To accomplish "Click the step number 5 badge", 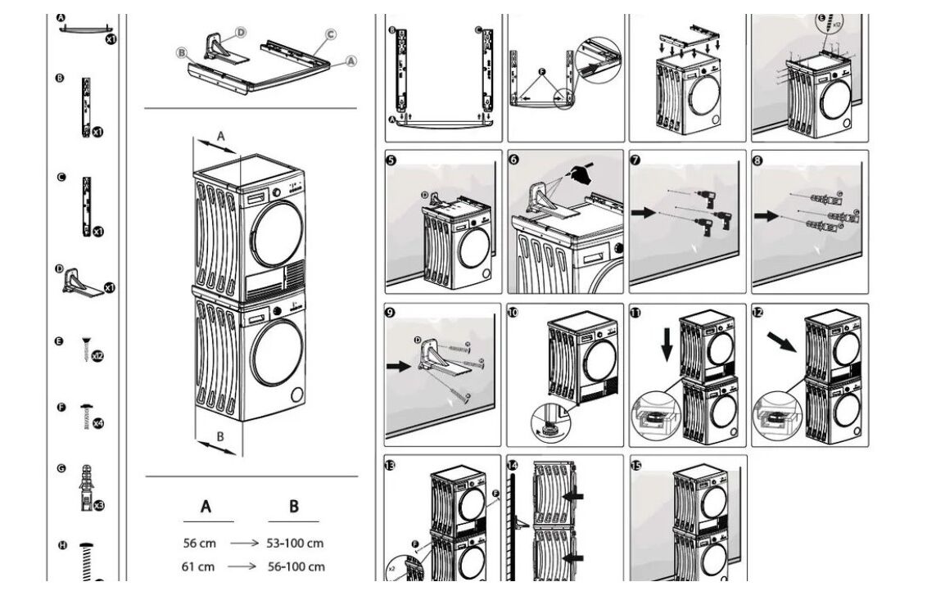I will (x=391, y=160).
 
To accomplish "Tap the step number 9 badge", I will (x=391, y=312).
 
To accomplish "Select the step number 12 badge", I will (x=757, y=312).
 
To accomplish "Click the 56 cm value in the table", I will (x=199, y=543).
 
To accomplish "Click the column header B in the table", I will (x=294, y=507).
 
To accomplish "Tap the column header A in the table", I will (x=206, y=507).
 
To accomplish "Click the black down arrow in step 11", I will (x=667, y=343).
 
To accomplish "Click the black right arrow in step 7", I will (x=644, y=214).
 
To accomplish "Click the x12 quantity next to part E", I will (x=97, y=357).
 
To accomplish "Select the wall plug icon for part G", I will (x=85, y=488).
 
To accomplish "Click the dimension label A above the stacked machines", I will (x=220, y=137).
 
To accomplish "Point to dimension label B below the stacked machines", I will (x=219, y=437).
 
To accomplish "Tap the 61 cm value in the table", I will (x=198, y=566).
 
